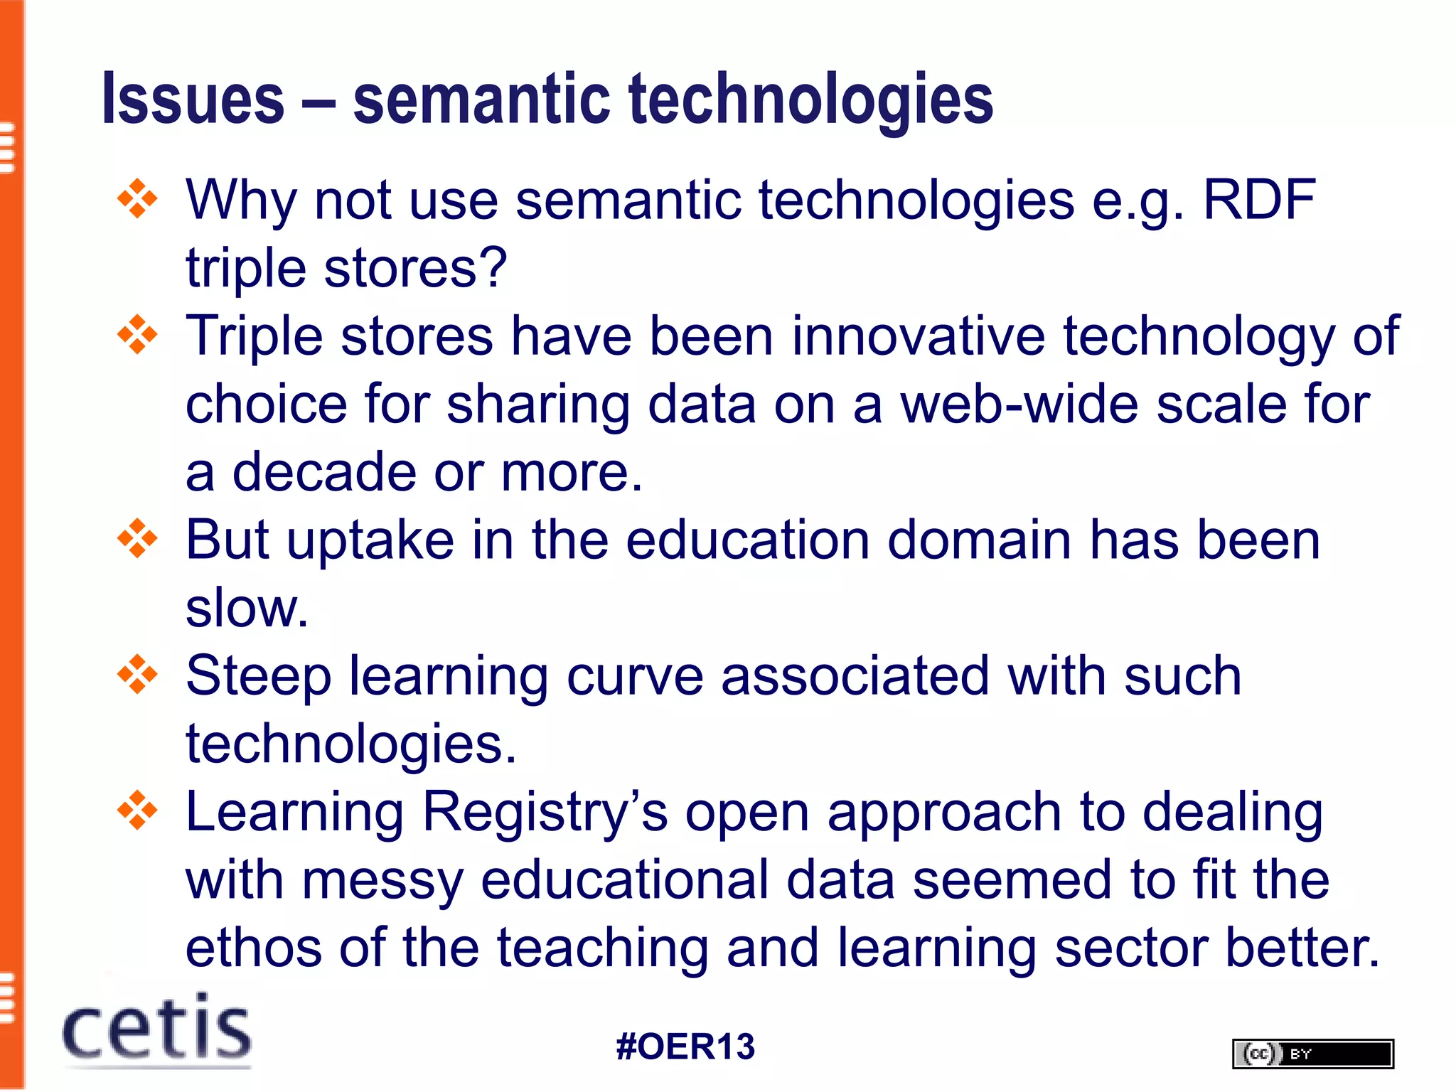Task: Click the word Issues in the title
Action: pos(193,99)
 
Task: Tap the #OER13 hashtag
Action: pos(685,1046)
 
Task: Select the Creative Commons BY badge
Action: pos(1312,1053)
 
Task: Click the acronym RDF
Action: pos(1259,200)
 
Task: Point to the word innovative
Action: pos(918,336)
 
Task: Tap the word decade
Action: pos(324,472)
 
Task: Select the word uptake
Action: pos(370,540)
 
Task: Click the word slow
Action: pos(246,609)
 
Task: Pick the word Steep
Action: pos(258,676)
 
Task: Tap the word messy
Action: pos(382,880)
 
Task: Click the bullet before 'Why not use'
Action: pos(137,199)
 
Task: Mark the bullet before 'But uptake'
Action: pos(137,539)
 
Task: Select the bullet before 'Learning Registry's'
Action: pos(137,810)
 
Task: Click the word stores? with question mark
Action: pos(415,268)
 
